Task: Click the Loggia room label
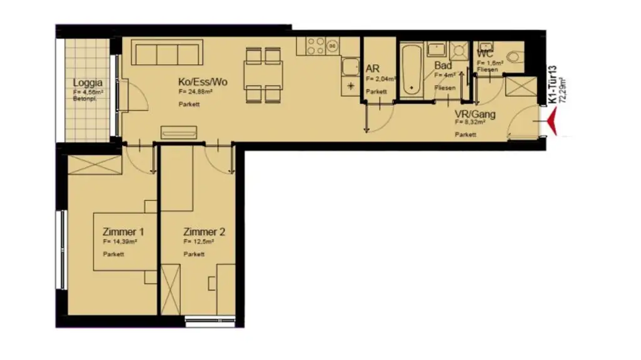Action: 87,83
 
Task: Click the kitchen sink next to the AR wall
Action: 349,66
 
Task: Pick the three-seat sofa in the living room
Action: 167,54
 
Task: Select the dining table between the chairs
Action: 263,75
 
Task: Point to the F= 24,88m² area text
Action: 195,93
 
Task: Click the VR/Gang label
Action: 475,115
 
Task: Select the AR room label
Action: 372,69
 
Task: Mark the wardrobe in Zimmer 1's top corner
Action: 95,165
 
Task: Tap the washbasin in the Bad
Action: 436,50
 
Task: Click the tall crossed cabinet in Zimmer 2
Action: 170,289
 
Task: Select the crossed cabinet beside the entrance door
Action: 520,86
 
